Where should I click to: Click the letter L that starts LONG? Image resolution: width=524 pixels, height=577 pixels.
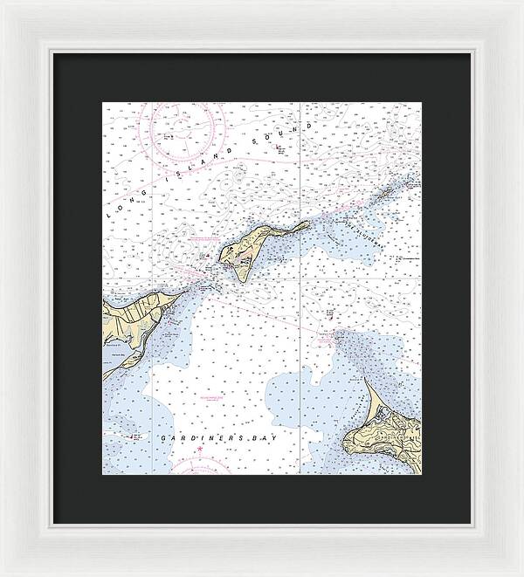pyautogui.click(x=108, y=214)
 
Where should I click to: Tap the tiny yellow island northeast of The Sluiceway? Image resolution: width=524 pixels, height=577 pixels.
pyautogui.click(x=411, y=183)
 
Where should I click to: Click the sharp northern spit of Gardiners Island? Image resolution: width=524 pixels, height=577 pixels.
pyautogui.click(x=367, y=384)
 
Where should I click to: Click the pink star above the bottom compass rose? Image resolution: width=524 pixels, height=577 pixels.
pyautogui.click(x=200, y=450)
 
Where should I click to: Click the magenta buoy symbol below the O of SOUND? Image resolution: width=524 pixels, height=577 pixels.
pyautogui.click(x=279, y=148)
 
